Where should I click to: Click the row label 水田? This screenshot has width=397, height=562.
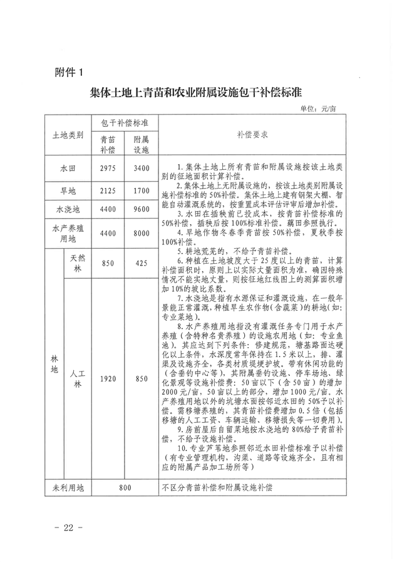[67, 167]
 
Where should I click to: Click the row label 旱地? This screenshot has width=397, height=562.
[67, 189]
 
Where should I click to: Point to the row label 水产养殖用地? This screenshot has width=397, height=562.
[67, 233]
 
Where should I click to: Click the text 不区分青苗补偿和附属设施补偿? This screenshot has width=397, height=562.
[217, 487]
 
